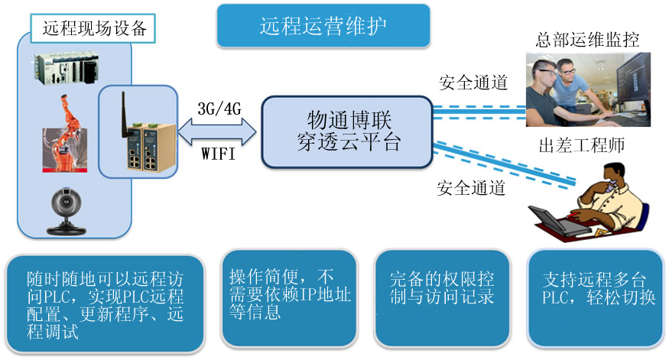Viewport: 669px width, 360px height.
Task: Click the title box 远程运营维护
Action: (x=322, y=26)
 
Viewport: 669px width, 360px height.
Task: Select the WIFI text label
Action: (x=219, y=154)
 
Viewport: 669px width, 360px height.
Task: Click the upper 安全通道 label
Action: (x=474, y=83)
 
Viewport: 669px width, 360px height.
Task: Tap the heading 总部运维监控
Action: (x=588, y=39)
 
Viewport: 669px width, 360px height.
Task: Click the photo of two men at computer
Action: (x=588, y=89)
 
